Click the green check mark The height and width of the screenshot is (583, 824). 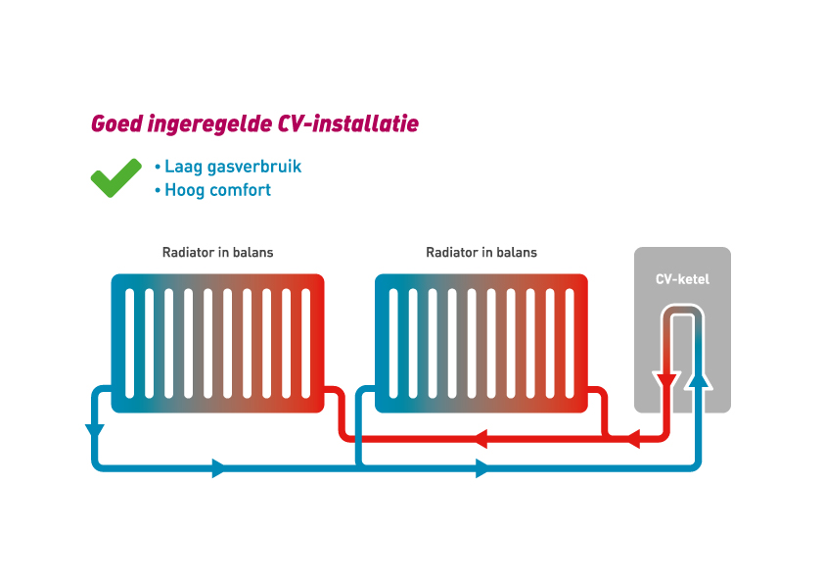pos(115,178)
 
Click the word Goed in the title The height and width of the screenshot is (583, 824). pos(113,124)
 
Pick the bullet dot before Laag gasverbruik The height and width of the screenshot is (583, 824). pos(158,168)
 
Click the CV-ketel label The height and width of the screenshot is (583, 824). pos(682,279)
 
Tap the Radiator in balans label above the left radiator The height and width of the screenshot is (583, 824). pos(217,253)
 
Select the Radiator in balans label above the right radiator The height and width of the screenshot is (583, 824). pos(481,253)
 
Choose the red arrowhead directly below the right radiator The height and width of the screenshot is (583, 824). pos(481,440)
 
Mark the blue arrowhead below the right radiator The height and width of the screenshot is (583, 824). pos(481,468)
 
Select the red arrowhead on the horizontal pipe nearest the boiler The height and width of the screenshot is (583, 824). pos(632,440)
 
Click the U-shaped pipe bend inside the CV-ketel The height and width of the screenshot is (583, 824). pos(682,312)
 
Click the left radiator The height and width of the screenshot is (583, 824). pos(217,343)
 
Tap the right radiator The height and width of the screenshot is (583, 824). pos(481,343)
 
